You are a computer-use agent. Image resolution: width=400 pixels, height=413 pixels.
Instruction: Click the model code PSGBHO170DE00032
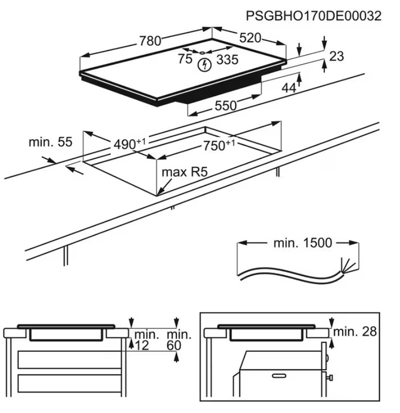[314, 16]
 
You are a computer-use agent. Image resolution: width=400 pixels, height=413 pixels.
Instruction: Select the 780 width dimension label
[150, 41]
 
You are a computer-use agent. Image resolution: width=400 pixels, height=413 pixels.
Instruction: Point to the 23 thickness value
[337, 56]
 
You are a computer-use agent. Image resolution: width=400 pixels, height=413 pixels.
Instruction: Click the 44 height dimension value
[289, 88]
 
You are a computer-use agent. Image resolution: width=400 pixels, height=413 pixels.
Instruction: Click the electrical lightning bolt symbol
[204, 64]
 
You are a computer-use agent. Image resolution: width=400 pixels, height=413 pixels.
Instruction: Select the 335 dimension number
[228, 60]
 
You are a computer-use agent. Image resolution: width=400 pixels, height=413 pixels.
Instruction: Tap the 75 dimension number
[185, 59]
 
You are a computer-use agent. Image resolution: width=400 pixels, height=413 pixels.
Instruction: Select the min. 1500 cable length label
[302, 243]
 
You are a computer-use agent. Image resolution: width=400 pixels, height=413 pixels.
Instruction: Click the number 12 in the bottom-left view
[142, 346]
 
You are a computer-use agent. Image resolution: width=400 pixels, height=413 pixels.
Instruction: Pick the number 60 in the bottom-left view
[174, 346]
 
